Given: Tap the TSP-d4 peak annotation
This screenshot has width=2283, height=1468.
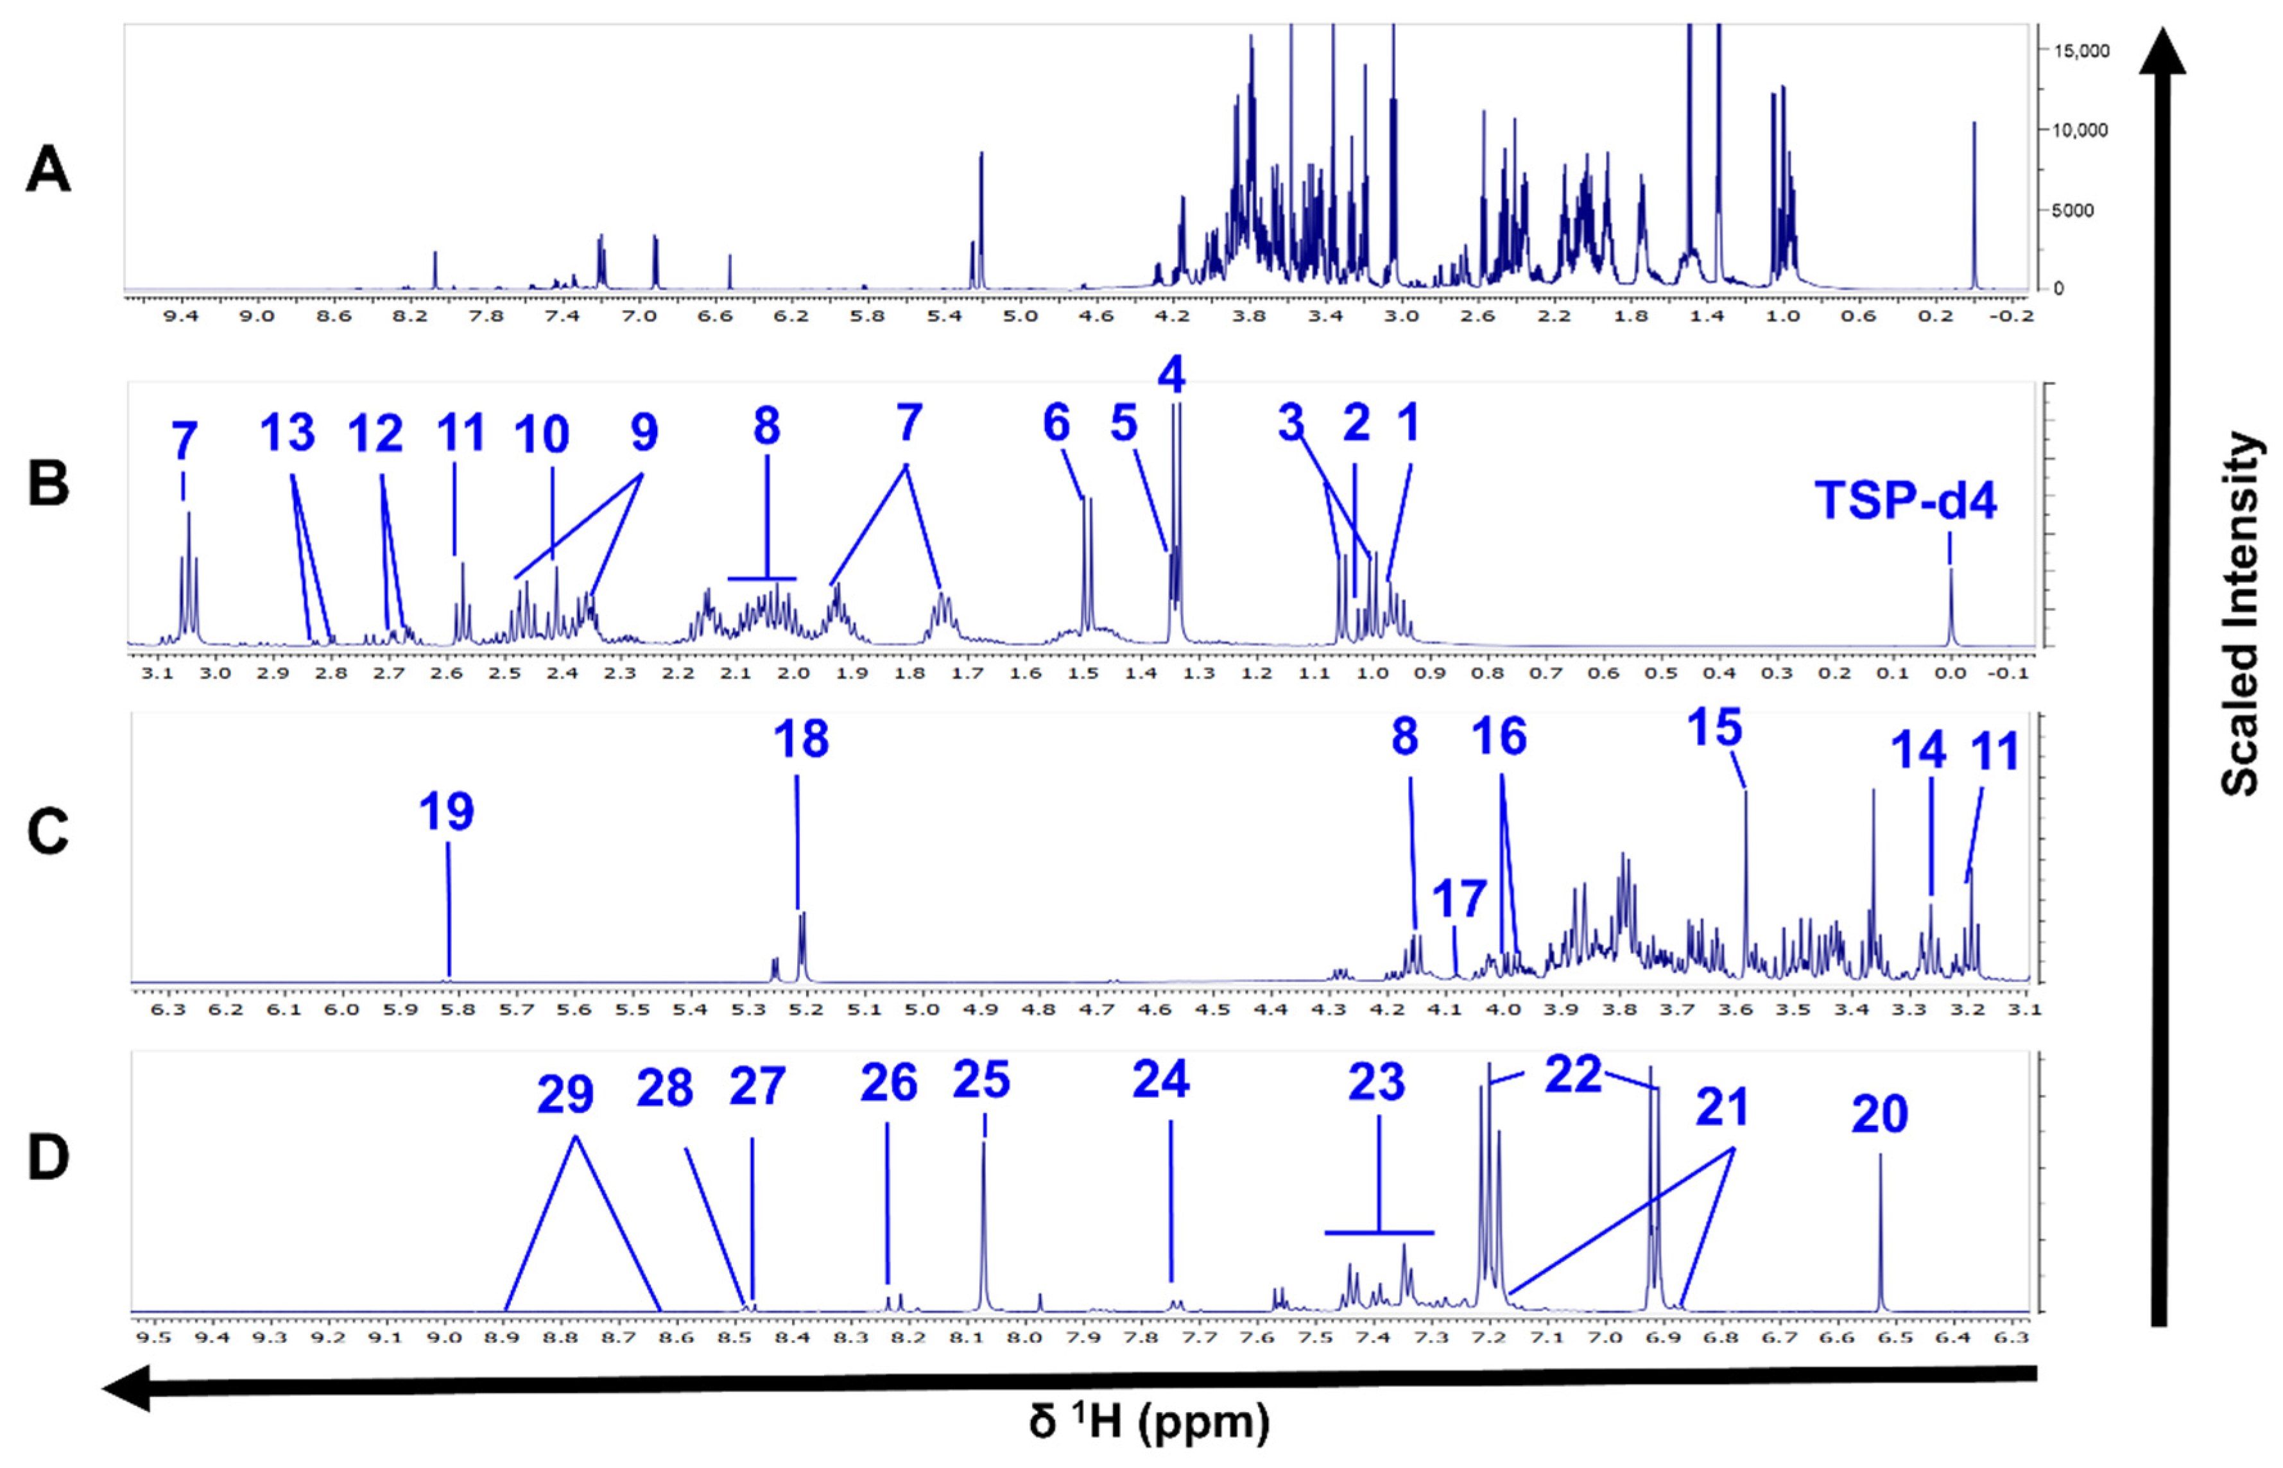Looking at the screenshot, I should point(1904,501).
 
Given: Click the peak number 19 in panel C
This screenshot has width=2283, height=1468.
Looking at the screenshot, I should point(446,811).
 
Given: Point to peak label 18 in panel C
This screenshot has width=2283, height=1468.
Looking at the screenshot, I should point(801,739).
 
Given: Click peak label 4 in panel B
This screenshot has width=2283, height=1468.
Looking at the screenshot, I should point(1171,375).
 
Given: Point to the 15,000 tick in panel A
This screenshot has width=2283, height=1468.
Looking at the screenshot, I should point(2081,51).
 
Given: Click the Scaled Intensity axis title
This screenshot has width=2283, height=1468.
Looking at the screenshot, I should point(2239,615).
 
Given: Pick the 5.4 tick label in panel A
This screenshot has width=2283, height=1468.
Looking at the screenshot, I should point(943,316).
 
